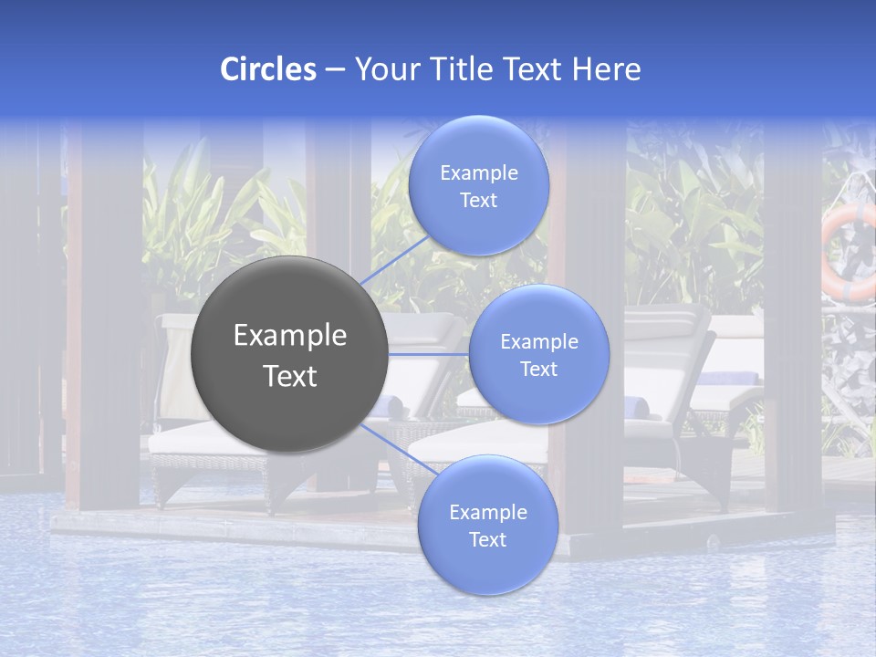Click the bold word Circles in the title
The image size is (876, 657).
267,69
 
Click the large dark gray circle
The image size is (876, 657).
289,355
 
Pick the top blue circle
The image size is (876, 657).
478,185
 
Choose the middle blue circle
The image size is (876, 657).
538,354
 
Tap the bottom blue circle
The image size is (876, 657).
487,525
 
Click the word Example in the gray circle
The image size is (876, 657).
290,336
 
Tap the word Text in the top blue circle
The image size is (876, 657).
478,201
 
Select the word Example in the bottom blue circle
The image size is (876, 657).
487,512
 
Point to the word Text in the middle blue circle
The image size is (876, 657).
538,369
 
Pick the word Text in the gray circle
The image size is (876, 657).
290,376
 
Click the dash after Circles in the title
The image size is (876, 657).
334,70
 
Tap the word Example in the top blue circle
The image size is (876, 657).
478,172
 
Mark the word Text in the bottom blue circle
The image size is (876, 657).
487,539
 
